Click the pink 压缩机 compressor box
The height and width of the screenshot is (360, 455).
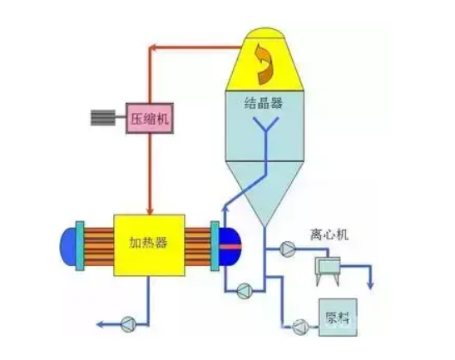click(x=150, y=118)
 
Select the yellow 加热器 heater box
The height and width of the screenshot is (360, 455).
click(x=149, y=245)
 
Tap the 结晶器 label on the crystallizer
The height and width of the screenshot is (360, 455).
click(x=264, y=102)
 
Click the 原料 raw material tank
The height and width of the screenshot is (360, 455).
click(x=338, y=318)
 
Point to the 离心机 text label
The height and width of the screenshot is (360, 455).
click(x=329, y=234)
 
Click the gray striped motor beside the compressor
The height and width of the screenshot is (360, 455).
click(x=103, y=117)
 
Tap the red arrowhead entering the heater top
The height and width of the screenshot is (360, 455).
click(x=150, y=210)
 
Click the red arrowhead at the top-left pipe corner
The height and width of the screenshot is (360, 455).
click(x=154, y=47)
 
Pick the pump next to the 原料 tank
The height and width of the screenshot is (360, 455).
click(x=300, y=327)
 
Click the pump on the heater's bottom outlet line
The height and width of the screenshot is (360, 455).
click(x=128, y=324)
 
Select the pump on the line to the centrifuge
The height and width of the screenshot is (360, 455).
click(x=287, y=249)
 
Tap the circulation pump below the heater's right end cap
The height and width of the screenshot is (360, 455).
click(x=245, y=291)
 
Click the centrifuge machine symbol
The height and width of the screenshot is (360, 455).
click(x=328, y=270)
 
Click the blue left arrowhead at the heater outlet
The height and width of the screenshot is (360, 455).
click(x=101, y=324)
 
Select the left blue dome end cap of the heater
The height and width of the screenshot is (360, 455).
click(x=68, y=246)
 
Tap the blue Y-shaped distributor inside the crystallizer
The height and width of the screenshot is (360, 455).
click(x=266, y=131)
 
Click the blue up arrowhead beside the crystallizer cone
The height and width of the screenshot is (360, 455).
click(x=225, y=208)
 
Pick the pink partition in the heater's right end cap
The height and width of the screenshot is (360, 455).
click(x=230, y=247)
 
